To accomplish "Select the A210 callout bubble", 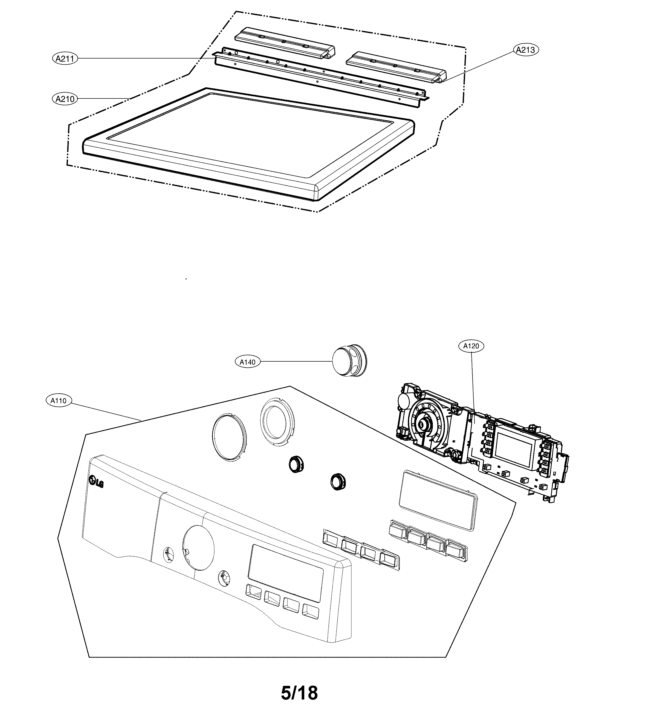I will coord(65,99).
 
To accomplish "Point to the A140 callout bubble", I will coord(247,362).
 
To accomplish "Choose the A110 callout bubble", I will coord(58,401).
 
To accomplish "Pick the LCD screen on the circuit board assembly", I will coord(515,450).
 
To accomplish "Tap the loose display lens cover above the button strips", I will coord(438,500).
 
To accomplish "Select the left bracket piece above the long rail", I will coord(284,44).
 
